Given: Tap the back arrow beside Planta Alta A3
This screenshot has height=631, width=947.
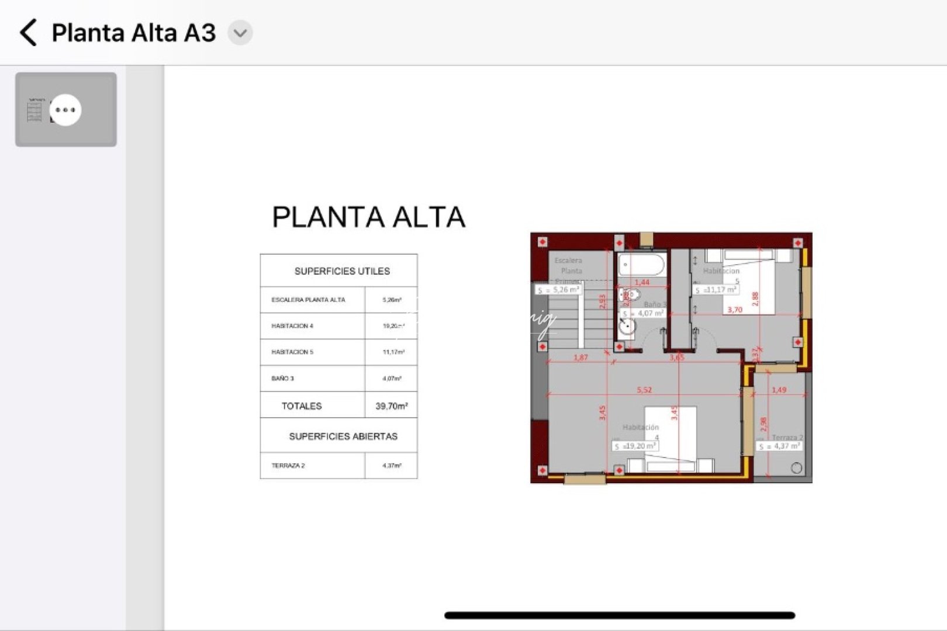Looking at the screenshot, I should [x=28, y=32].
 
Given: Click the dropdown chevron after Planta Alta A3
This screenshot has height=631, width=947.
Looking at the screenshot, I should [x=240, y=33].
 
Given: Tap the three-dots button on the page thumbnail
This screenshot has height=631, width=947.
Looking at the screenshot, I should [x=65, y=110].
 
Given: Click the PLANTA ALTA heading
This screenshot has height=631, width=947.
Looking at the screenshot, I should [x=368, y=217].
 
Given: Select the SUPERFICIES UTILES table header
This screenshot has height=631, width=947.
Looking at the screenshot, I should [x=342, y=271].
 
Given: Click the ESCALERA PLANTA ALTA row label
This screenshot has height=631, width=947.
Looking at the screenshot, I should [x=308, y=300].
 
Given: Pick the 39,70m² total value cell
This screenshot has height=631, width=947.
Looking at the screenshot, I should [x=391, y=405].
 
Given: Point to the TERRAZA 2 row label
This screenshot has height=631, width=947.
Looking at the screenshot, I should [x=288, y=466].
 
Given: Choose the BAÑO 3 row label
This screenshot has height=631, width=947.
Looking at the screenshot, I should [x=283, y=379].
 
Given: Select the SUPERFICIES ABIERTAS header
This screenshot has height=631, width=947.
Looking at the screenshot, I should [x=343, y=436].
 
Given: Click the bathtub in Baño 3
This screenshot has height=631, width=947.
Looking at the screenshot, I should [x=641, y=264].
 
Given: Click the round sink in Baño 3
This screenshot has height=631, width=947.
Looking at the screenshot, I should [x=627, y=327].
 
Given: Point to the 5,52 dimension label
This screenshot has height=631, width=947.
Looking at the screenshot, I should [x=644, y=390].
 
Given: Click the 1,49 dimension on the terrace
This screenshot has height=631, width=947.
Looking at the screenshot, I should [x=779, y=390].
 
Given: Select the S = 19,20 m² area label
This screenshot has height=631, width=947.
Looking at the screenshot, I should [x=635, y=446].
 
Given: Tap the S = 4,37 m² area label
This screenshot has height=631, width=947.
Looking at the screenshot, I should [x=780, y=446].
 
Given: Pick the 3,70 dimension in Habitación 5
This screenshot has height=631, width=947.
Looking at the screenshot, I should [x=735, y=310].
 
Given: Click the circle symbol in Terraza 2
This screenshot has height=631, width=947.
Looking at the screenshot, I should [x=796, y=467].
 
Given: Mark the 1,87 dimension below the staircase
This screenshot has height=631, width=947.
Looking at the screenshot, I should [x=580, y=357].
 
